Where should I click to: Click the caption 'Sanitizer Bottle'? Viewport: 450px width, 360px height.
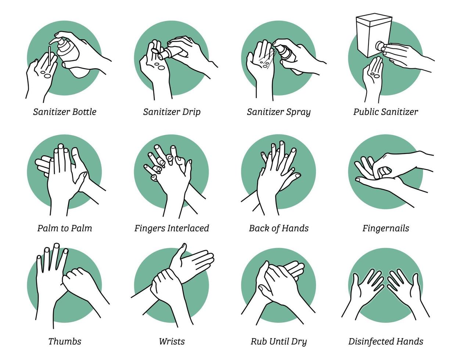(65, 112)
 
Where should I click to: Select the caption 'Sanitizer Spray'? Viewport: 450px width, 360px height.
(278, 112)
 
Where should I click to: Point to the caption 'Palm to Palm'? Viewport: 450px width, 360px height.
(65, 228)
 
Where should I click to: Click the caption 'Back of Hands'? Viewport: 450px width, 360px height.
(278, 228)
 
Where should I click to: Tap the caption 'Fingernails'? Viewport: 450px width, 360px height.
(386, 228)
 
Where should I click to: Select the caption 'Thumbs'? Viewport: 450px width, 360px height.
(65, 341)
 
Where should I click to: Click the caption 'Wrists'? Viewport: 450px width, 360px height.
(172, 341)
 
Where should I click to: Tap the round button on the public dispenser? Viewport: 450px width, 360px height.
(379, 46)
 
